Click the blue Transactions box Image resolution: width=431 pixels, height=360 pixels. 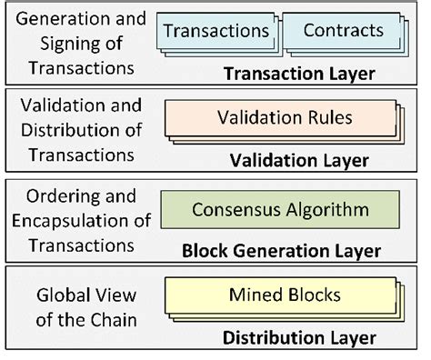(x=216, y=31)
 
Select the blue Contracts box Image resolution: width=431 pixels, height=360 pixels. (x=343, y=31)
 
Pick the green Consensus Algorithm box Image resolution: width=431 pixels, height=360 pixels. (x=280, y=210)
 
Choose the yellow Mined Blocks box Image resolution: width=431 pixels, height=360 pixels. (x=279, y=295)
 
